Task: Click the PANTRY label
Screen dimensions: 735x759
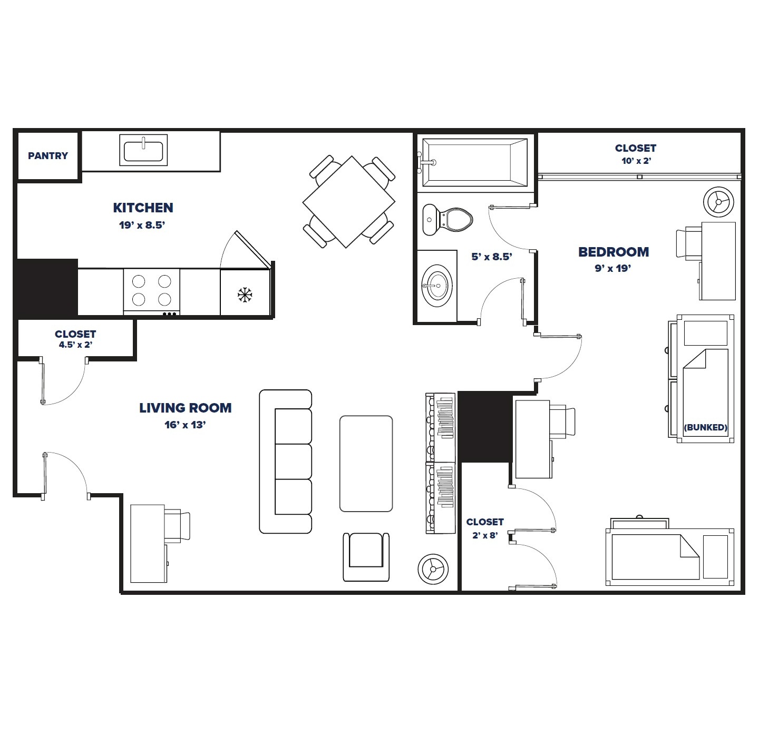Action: [48, 156]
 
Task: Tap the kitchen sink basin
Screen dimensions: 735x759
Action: [143, 150]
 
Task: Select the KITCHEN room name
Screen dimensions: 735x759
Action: [143, 208]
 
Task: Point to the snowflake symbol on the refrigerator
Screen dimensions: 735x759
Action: [245, 295]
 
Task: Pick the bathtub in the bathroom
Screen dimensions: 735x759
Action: [474, 162]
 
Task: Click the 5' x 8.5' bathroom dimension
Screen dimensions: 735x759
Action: [491, 257]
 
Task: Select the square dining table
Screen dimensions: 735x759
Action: [349, 202]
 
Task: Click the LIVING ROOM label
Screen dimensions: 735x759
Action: [185, 408]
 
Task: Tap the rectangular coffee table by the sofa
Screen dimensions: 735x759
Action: [366, 464]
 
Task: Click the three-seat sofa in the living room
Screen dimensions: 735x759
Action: [286, 462]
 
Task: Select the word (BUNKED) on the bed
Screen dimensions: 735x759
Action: [705, 427]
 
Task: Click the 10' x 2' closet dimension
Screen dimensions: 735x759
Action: [636, 161]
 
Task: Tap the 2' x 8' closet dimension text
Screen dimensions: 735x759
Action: [484, 535]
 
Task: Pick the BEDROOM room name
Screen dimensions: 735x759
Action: [614, 252]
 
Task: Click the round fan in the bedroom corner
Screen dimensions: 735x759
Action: [718, 202]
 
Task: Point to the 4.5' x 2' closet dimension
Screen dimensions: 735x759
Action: [75, 345]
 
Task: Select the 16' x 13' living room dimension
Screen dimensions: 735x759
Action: [185, 425]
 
